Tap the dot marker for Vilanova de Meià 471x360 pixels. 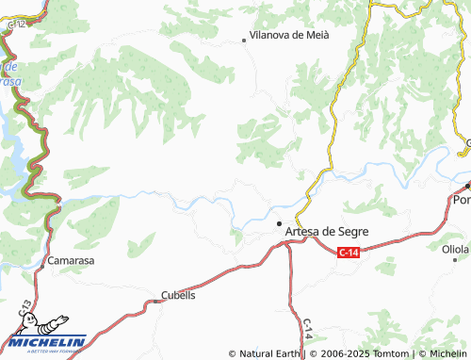tap(244, 40)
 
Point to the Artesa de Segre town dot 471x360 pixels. tap(279, 223)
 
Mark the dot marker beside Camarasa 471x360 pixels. tap(41, 265)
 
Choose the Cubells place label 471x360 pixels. tap(178, 294)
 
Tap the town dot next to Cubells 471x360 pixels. tap(156, 302)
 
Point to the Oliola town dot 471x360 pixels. tap(454, 259)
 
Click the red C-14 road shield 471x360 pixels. tap(349, 252)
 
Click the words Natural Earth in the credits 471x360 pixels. tap(269, 353)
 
